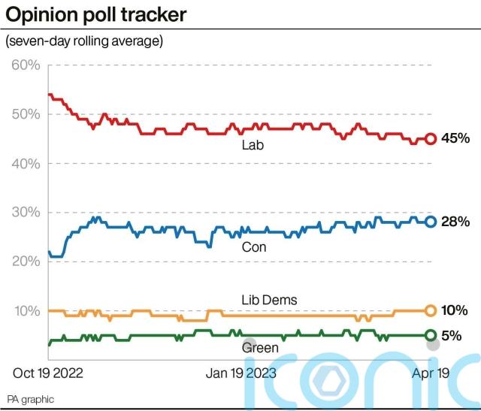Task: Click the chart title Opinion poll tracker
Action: (x=96, y=14)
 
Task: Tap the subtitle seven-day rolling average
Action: (x=84, y=41)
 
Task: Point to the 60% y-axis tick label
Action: (x=26, y=65)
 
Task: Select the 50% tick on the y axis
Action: (x=26, y=114)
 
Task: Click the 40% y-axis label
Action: (x=26, y=164)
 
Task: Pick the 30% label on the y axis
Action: (x=26, y=213)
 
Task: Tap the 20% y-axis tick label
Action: (x=26, y=261)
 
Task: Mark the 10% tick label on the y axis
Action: (x=26, y=310)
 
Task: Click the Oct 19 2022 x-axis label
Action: (x=48, y=373)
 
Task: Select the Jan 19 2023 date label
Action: (x=240, y=373)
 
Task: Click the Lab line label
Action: (x=252, y=146)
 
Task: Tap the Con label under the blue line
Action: (x=253, y=246)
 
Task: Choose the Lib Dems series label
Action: (x=268, y=300)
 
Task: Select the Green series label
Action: (x=260, y=348)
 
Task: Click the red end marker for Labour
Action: (x=431, y=138)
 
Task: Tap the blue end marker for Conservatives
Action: (x=431, y=221)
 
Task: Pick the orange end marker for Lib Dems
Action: (x=431, y=310)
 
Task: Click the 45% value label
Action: (x=455, y=138)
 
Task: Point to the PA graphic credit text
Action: (x=31, y=399)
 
